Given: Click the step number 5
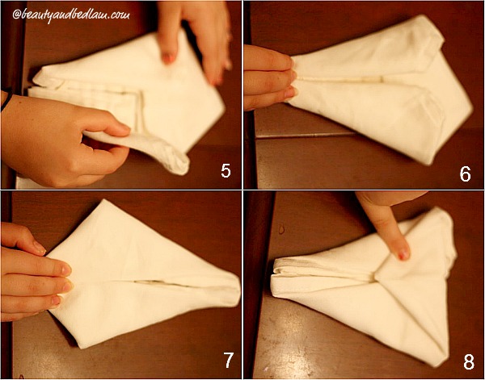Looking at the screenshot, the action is click(x=226, y=171).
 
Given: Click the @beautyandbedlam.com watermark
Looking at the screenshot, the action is click(x=71, y=15).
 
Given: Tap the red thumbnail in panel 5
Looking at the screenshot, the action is click(x=168, y=58).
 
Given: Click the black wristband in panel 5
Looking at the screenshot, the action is click(x=6, y=101).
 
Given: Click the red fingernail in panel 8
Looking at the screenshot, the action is click(x=403, y=254).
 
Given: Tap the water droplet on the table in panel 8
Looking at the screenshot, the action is click(x=281, y=229).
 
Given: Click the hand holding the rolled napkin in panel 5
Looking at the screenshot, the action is click(x=62, y=139).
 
